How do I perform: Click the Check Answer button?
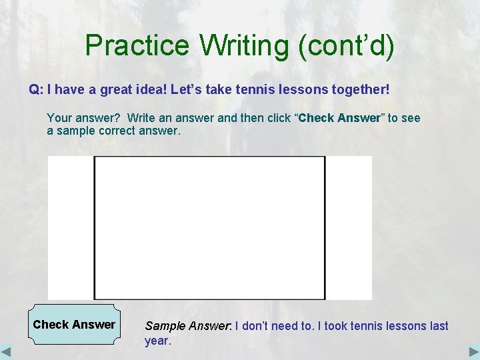click(74, 325)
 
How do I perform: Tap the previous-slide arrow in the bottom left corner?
click(7, 351)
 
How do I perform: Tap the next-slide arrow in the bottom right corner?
click(473, 351)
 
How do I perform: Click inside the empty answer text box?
click(209, 227)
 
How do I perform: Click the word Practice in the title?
click(137, 45)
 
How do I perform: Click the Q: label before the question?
click(36, 89)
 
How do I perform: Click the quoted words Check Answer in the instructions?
click(339, 118)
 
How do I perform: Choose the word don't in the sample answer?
click(258, 326)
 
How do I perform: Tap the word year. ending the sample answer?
click(158, 341)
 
